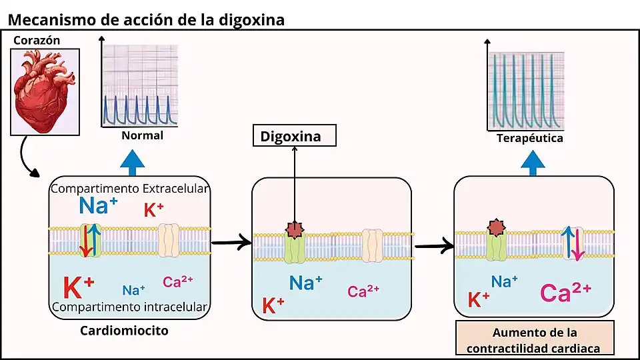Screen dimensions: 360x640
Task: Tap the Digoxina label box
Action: [x=294, y=137]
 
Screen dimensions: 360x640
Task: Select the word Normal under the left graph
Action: [x=142, y=135]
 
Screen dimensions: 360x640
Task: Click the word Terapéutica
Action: [x=530, y=138]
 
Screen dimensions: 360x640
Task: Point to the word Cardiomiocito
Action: [x=124, y=331]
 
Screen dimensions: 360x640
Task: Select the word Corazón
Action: [x=37, y=41]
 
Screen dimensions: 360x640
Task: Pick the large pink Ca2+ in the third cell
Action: [x=565, y=292]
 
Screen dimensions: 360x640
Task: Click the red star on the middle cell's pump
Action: [x=294, y=230]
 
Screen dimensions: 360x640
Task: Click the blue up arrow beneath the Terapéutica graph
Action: [x=533, y=161]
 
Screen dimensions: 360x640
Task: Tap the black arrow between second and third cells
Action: [x=433, y=247]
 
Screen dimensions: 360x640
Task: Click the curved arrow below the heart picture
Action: [x=29, y=160]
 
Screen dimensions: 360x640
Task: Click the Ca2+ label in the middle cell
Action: [x=363, y=291]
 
